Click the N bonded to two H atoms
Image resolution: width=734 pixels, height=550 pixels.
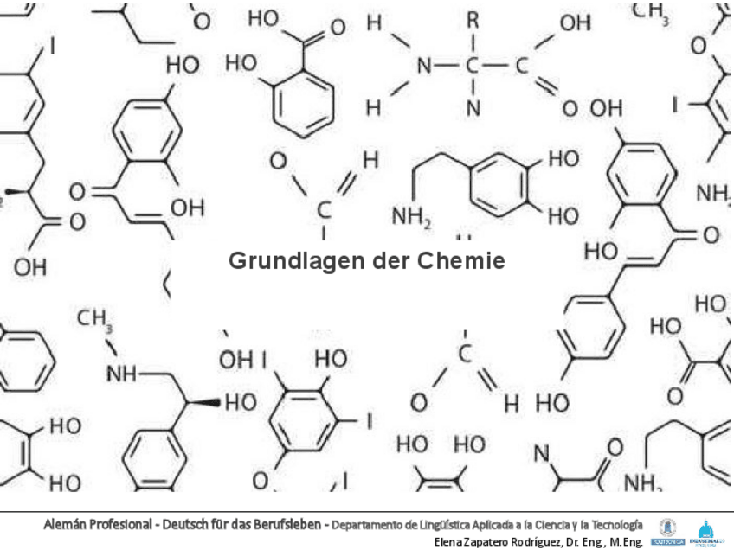(x=423, y=65)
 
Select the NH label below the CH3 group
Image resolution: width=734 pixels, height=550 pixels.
(x=121, y=374)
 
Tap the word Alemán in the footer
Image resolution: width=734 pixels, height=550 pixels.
(x=65, y=525)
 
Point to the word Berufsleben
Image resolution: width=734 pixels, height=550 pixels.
(x=287, y=525)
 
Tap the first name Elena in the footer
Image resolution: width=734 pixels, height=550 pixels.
(x=450, y=541)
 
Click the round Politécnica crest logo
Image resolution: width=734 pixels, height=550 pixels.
(x=666, y=528)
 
